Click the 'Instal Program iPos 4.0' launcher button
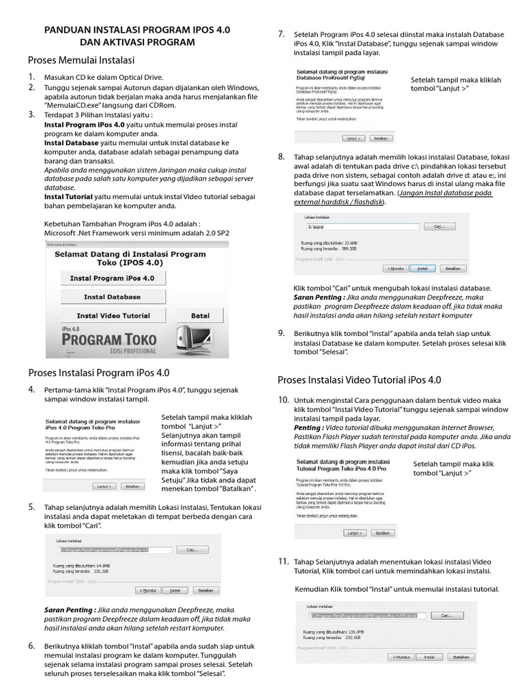click(112, 278)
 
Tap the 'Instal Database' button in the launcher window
click(112, 297)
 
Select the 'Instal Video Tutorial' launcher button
click(113, 316)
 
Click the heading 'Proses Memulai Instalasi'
click(81, 60)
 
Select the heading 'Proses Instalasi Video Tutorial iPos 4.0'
click(359, 380)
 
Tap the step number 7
click(281, 34)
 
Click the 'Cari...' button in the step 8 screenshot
click(439, 227)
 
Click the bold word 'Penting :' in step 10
click(308, 427)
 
